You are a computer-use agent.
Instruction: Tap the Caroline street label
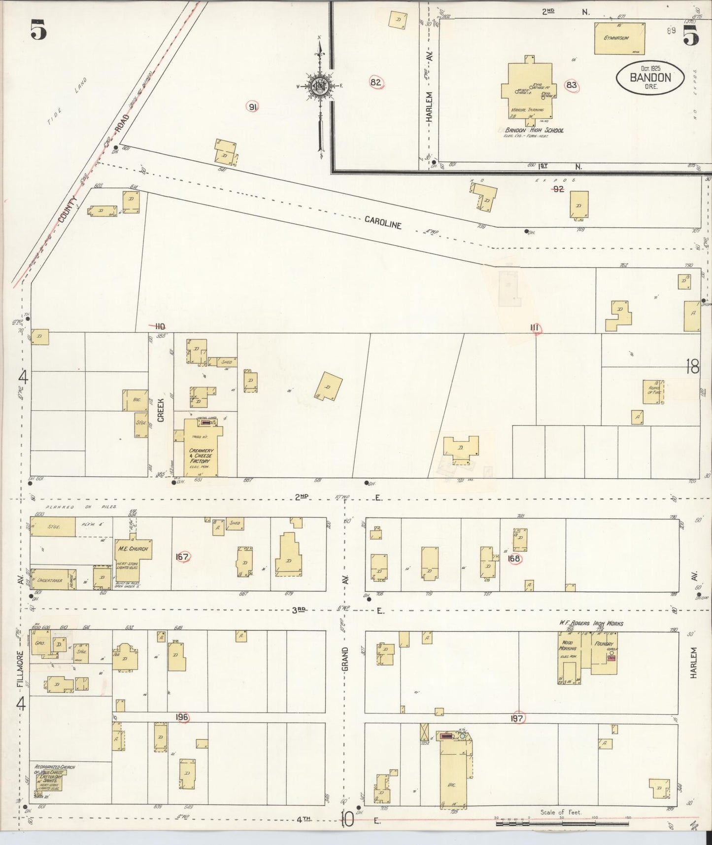[383, 222]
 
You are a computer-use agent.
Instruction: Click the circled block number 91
[253, 107]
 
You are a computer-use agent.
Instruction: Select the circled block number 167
[182, 557]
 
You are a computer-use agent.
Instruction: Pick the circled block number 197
[516, 719]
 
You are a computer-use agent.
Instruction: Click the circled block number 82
[376, 82]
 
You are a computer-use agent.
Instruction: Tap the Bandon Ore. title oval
[649, 78]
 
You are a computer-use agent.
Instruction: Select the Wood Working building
[568, 652]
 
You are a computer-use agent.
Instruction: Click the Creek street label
[161, 409]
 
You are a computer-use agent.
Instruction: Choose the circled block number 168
[515, 559]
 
